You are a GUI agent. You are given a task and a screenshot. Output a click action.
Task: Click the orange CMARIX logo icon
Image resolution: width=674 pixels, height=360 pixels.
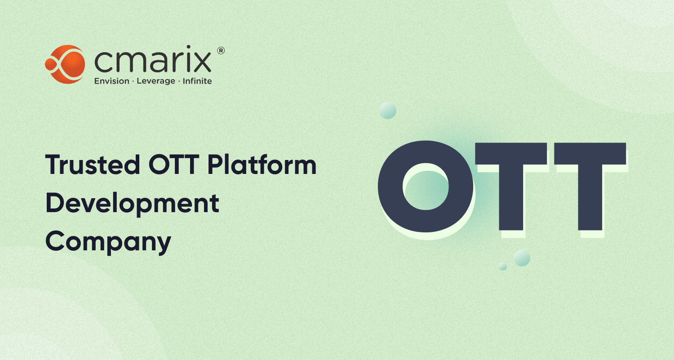65,64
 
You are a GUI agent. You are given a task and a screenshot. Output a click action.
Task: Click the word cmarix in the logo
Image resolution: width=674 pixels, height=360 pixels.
153,62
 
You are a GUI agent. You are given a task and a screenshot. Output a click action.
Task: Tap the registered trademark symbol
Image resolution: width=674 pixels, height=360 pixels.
221,51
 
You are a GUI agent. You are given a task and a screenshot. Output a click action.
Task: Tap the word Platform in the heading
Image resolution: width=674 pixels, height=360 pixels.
262,165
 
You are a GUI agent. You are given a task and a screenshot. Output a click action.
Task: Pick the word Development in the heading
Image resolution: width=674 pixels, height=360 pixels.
132,203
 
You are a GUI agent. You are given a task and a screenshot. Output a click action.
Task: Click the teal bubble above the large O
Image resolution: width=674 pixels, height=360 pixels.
387,110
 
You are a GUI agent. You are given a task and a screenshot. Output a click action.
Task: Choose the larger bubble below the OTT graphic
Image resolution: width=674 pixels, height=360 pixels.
522,258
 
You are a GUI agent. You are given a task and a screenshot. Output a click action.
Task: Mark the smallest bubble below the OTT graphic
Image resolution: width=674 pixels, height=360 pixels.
503,267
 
